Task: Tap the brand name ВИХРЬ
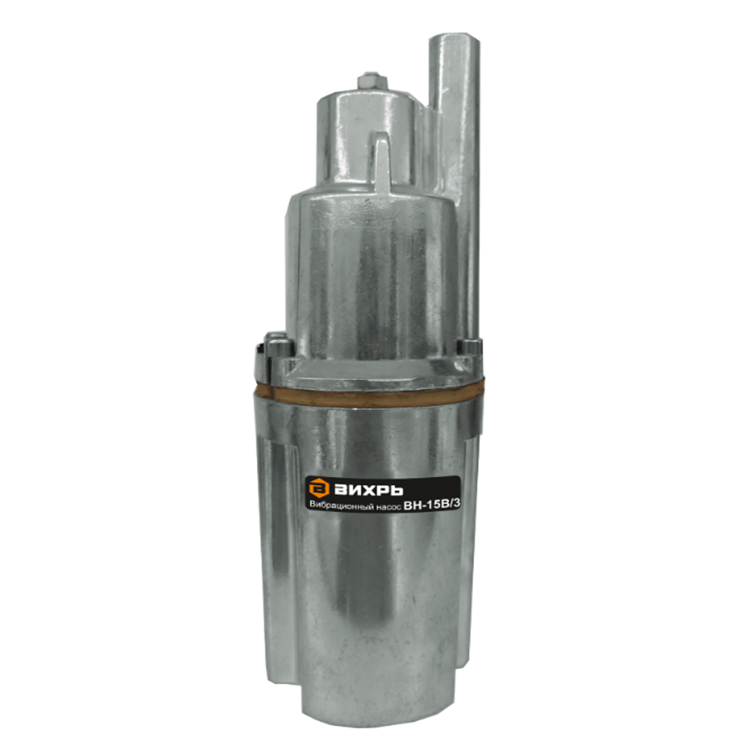pyautogui.click(x=368, y=489)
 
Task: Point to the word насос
pyautogui.click(x=387, y=508)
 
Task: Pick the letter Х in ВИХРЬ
pyautogui.click(x=366, y=489)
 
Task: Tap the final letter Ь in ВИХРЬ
pyautogui.click(x=396, y=489)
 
